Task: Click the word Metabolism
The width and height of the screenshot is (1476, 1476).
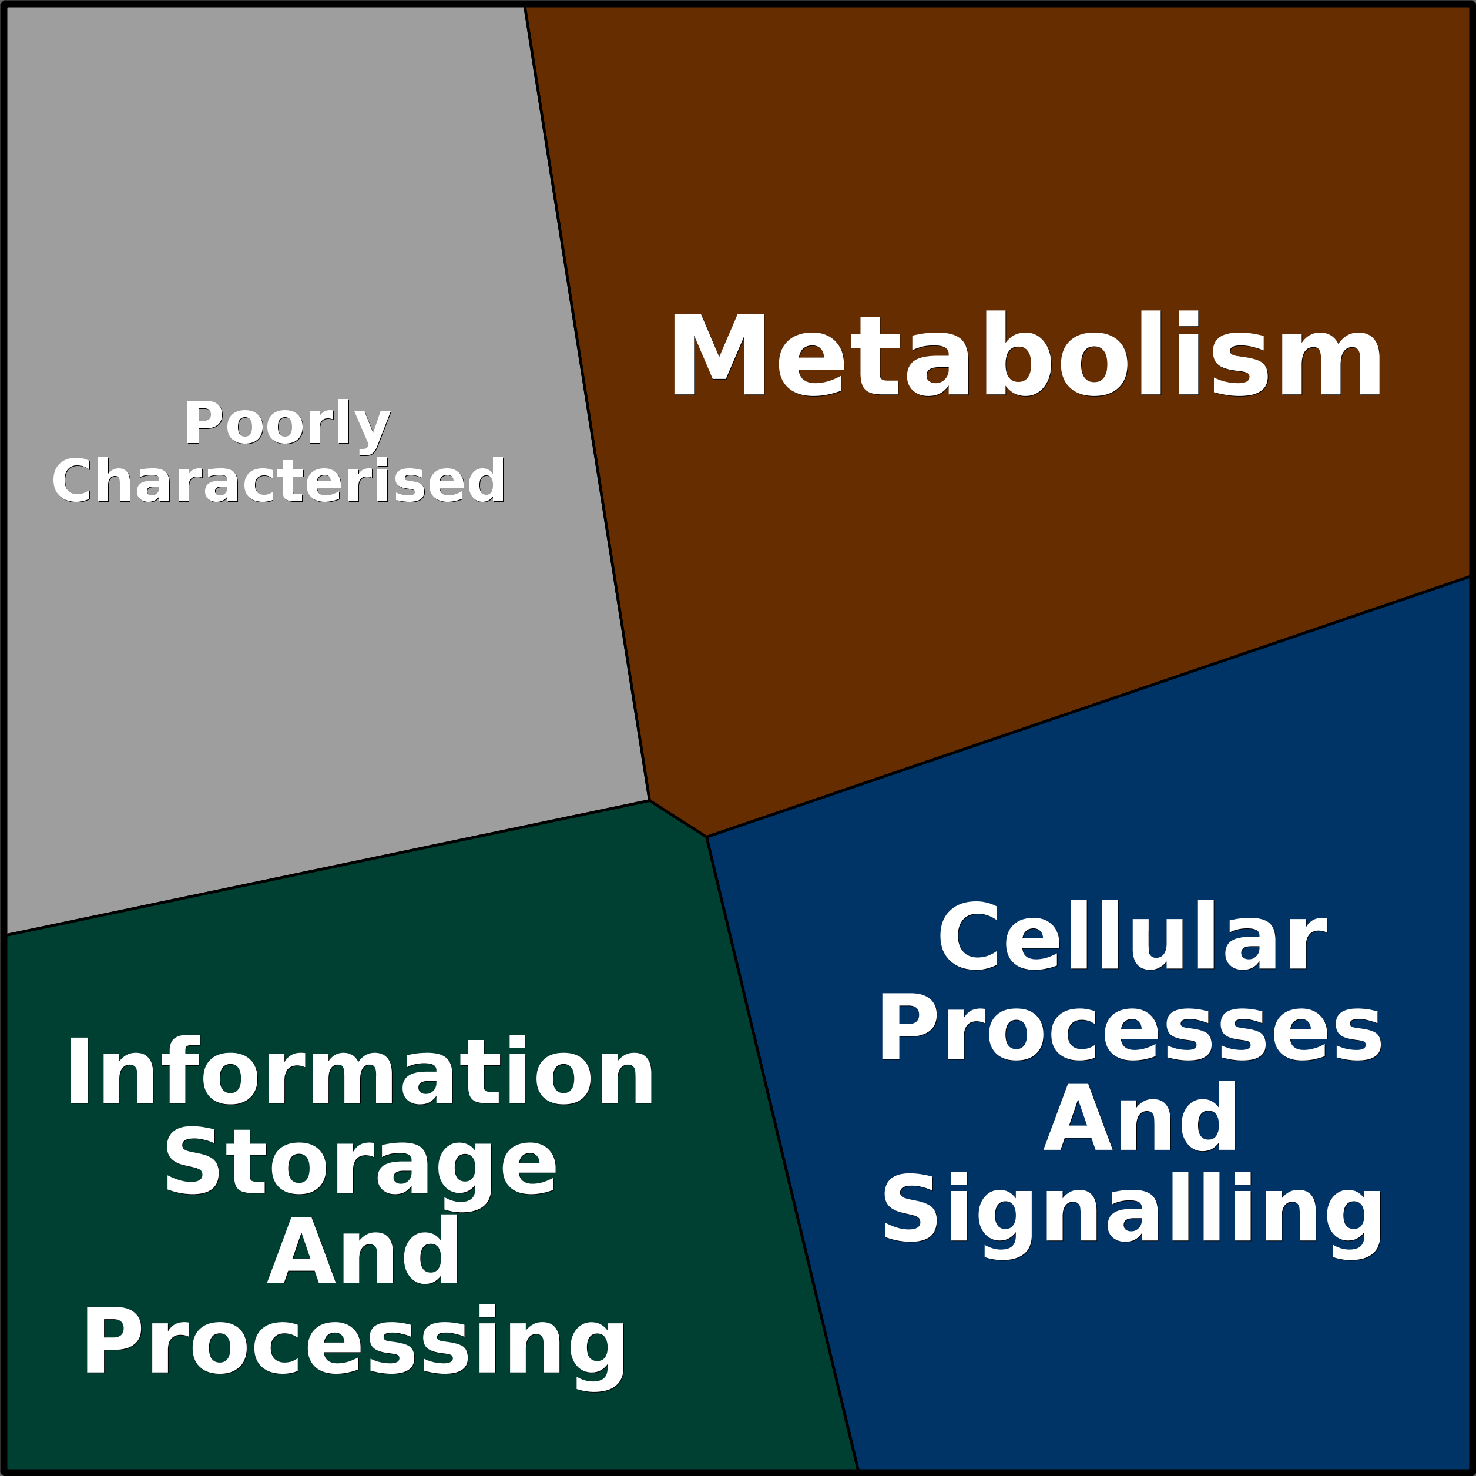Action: pyautogui.click(x=1025, y=356)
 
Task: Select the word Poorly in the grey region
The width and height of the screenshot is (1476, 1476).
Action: pyautogui.click(x=287, y=422)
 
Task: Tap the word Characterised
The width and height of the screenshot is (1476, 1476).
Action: pyautogui.click(x=279, y=481)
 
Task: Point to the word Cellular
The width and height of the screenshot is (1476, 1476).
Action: pyautogui.click(x=1132, y=937)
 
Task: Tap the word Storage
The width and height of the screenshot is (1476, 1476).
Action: pyautogui.click(x=361, y=1163)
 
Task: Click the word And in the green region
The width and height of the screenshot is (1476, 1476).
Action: pyautogui.click(x=364, y=1253)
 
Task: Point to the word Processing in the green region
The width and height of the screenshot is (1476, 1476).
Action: pyautogui.click(x=354, y=1344)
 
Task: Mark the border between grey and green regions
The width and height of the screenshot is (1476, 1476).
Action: pyautogui.click(x=328, y=867)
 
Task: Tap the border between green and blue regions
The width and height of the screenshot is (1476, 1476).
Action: pyautogui.click(x=782, y=1153)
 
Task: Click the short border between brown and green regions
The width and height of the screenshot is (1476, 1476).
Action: pyautogui.click(x=677, y=818)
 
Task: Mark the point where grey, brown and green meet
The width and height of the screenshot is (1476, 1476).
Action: pyautogui.click(x=649, y=801)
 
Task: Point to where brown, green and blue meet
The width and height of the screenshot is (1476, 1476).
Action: pyautogui.click(x=707, y=837)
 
